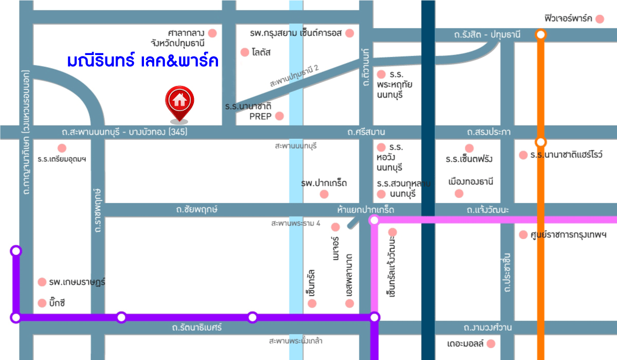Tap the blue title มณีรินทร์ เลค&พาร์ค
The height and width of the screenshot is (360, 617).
143,61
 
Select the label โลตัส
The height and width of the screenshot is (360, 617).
262,52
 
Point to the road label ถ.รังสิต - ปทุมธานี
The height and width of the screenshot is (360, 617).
487,34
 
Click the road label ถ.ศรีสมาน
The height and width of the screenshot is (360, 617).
366,132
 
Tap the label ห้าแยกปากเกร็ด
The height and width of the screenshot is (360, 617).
366,210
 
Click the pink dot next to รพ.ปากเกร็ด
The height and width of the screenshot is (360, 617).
324,194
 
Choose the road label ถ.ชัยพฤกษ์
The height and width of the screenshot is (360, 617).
197,210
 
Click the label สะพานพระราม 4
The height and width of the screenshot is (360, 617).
296,224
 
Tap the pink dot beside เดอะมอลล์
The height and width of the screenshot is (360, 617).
491,344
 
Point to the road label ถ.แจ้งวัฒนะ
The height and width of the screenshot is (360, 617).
488,210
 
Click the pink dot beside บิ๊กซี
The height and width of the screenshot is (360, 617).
42,303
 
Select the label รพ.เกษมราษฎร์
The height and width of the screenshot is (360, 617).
77,282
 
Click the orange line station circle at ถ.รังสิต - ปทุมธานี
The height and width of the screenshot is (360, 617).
540,34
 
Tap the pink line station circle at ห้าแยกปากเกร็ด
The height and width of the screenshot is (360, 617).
374,220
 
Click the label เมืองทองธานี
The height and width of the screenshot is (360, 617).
470,182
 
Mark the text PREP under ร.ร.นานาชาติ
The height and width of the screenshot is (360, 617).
260,116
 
